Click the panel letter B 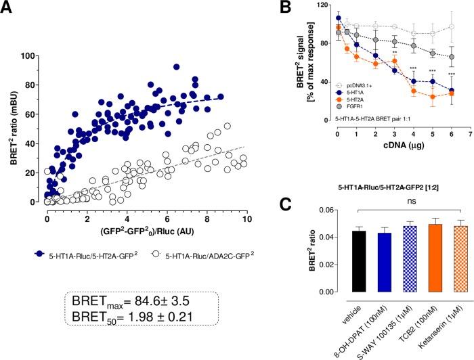(x=288, y=9)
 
